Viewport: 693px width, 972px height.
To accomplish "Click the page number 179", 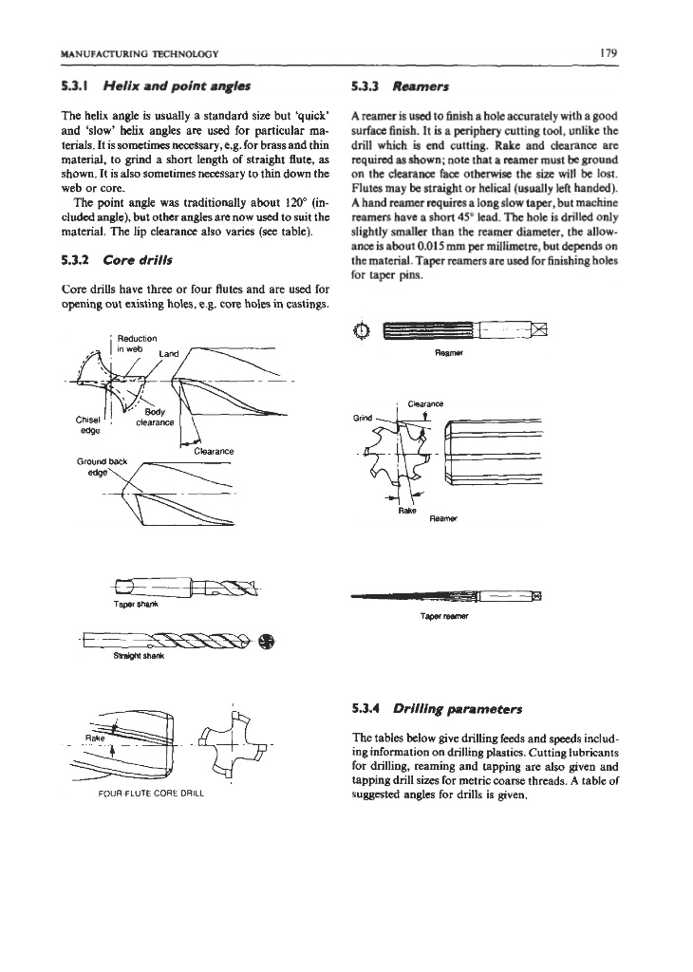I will click(609, 52).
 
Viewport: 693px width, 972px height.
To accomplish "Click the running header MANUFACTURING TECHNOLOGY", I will click(140, 53).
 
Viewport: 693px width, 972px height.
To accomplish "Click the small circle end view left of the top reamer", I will click(360, 330).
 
